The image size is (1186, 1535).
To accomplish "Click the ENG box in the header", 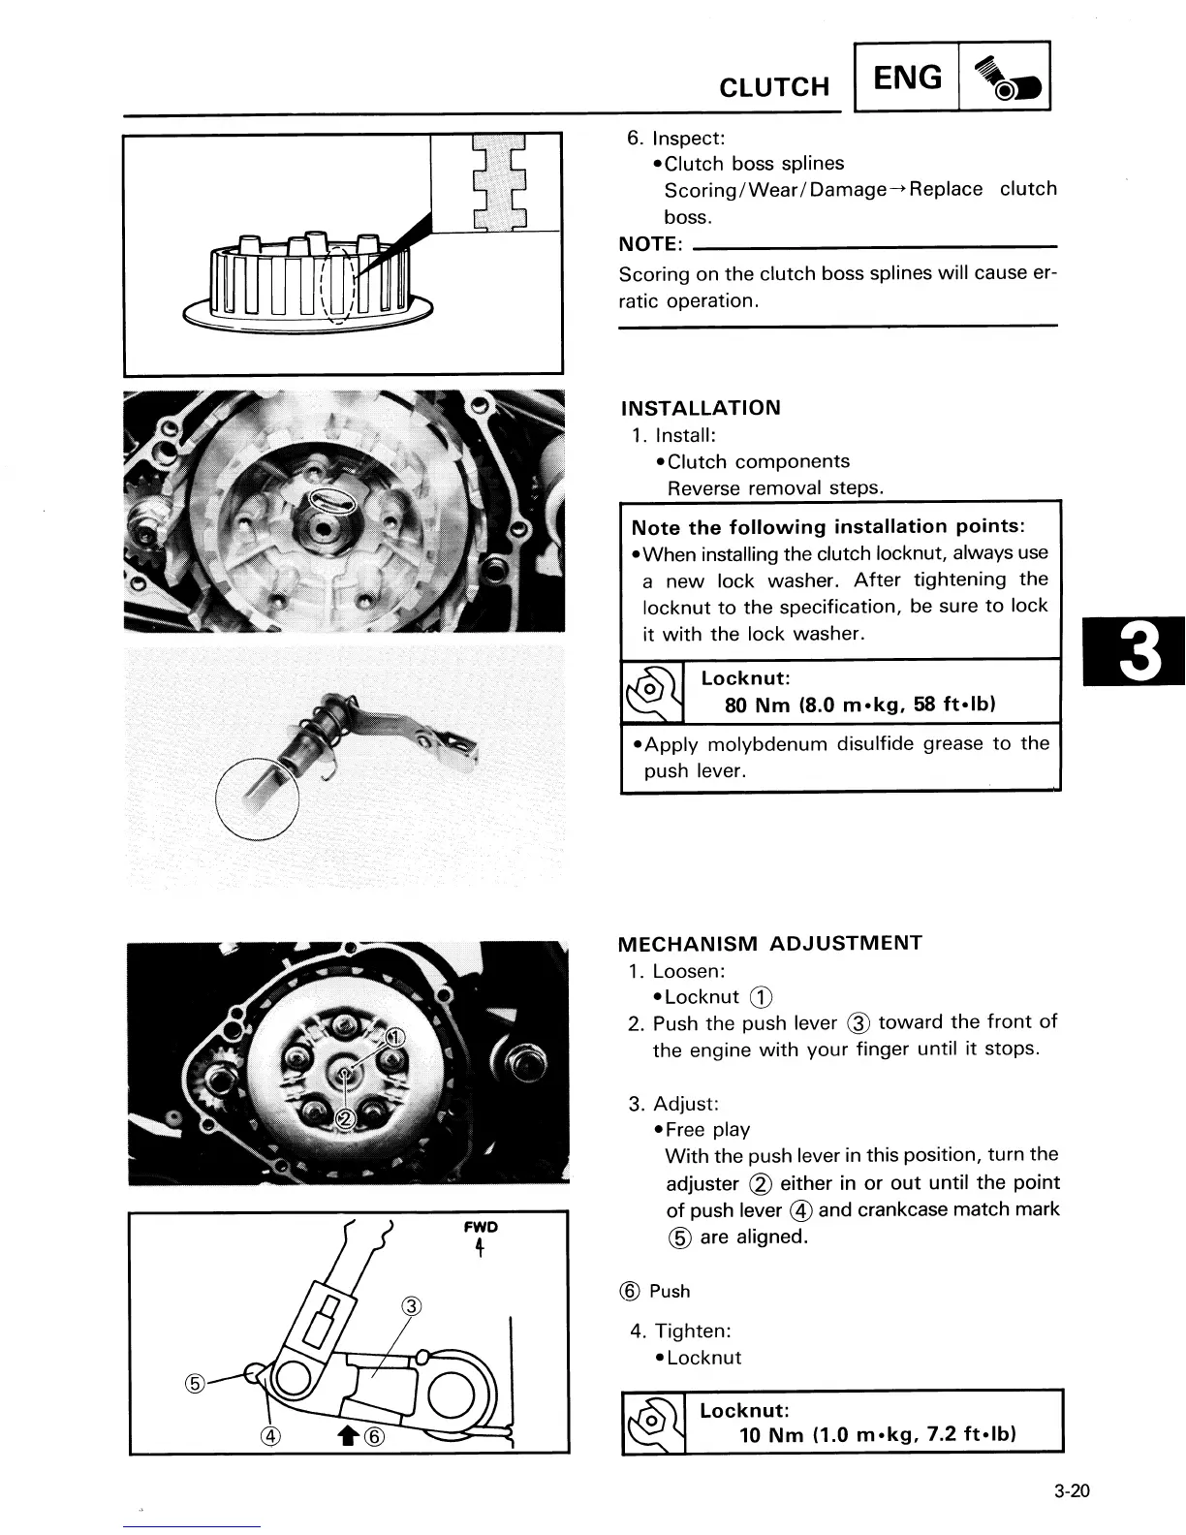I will tap(907, 77).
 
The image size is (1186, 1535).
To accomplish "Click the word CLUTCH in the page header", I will tap(774, 87).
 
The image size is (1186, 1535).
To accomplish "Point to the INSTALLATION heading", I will tap(700, 408).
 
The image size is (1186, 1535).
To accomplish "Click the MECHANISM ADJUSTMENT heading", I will tap(770, 943).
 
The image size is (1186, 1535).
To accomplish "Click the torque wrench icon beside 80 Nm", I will tap(653, 692).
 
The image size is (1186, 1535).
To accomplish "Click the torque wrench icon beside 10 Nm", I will tap(653, 1422).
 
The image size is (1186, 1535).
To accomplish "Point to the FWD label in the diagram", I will tap(481, 1227).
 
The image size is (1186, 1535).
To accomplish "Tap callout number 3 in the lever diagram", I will tap(410, 1306).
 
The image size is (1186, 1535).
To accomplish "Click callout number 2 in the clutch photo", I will tap(343, 1120).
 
